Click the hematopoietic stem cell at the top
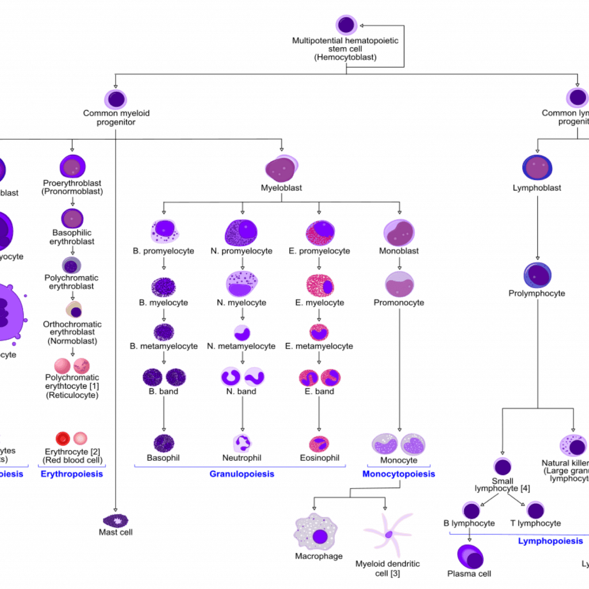(x=346, y=25)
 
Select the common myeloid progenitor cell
(x=115, y=98)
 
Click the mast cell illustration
(x=116, y=521)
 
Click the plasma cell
(x=470, y=556)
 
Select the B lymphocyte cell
(x=471, y=510)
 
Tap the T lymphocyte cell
(x=535, y=510)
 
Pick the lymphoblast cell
(x=537, y=167)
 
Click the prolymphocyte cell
(x=537, y=275)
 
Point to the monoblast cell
(x=399, y=232)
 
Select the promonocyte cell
(x=399, y=284)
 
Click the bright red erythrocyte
(x=63, y=439)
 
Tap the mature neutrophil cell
(x=242, y=443)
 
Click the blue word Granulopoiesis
(x=242, y=475)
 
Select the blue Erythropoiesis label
(x=71, y=475)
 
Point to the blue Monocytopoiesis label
(x=399, y=475)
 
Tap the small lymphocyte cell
(x=502, y=466)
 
